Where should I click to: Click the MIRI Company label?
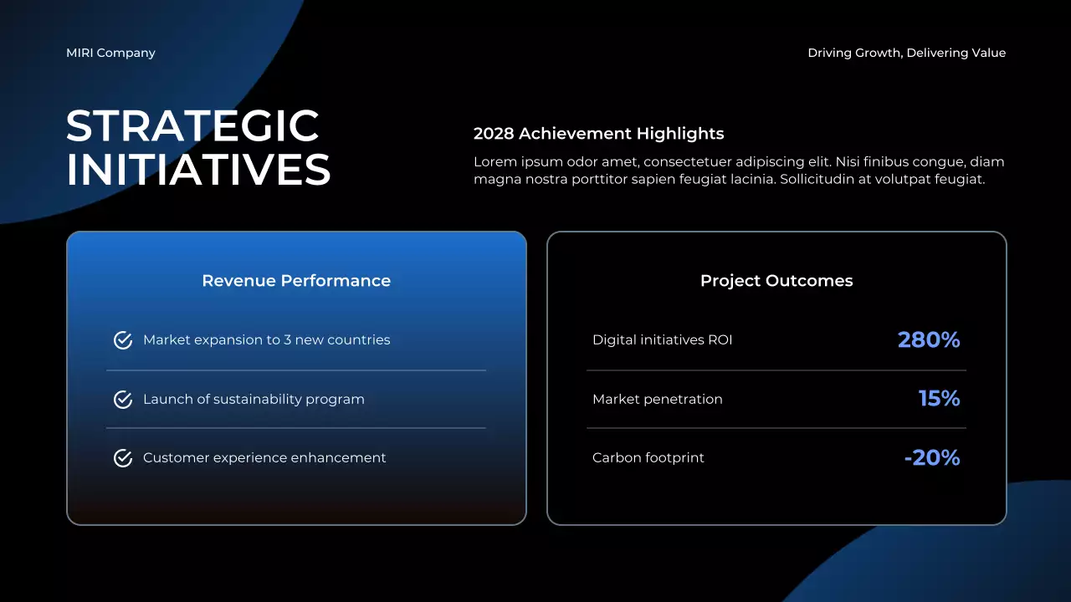[110, 53]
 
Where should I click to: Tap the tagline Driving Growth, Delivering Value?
[906, 53]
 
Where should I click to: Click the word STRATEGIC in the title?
[192, 126]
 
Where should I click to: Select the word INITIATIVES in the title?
[198, 170]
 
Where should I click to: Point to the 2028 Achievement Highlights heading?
[598, 134]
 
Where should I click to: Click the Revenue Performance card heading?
[296, 281]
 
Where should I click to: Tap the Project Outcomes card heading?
[776, 281]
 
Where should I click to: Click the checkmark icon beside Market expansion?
[123, 340]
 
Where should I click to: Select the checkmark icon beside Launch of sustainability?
[123, 400]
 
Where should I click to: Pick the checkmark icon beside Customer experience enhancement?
[123, 458]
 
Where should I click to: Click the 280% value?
[928, 340]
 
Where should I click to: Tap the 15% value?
[939, 399]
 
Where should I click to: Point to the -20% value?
[931, 458]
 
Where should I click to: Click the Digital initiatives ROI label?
[662, 340]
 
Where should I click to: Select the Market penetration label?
[657, 400]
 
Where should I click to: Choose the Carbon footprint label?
[648, 458]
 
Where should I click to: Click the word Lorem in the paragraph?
[494, 162]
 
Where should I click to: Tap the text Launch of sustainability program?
[254, 400]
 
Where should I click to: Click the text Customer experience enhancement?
[264, 458]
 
